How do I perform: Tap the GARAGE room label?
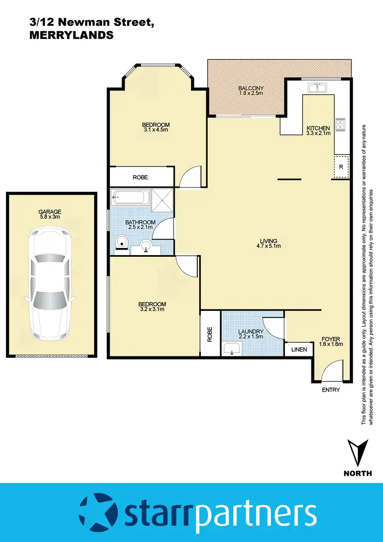click(50, 212)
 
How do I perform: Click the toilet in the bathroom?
click(122, 242)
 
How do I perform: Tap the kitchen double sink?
click(319, 87)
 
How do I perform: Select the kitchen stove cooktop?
click(340, 124)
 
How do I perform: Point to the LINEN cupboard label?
click(299, 350)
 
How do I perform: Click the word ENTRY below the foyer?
click(331, 390)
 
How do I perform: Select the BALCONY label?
click(250, 88)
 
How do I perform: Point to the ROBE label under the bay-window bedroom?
click(140, 177)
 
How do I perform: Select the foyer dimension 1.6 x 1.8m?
click(330, 344)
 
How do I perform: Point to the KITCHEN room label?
click(318, 128)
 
